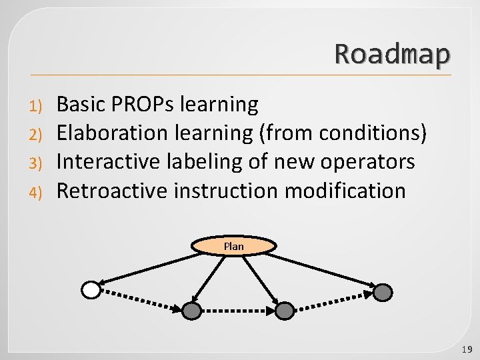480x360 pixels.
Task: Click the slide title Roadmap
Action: click(392, 54)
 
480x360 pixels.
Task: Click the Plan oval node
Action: click(234, 246)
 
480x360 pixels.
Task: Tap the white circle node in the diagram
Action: click(91, 290)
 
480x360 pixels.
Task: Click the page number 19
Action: click(466, 349)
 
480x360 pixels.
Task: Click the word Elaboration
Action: click(112, 133)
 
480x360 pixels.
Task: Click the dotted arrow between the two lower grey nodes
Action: click(238, 311)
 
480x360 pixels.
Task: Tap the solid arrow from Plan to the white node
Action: click(147, 267)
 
